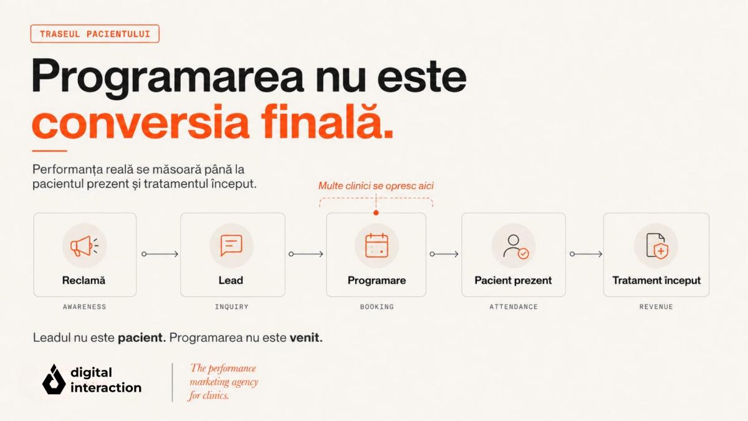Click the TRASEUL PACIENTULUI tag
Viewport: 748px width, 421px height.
tap(95, 34)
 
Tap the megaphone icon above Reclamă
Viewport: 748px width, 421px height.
tap(84, 246)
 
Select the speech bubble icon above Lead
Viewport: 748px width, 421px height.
tap(231, 245)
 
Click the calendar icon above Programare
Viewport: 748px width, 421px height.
tap(376, 246)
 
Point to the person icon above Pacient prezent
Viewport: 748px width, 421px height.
tap(516, 246)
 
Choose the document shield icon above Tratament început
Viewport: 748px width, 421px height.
tap(657, 246)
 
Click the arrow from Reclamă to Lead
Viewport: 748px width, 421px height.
tap(160, 254)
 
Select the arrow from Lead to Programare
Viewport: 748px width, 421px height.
tap(306, 254)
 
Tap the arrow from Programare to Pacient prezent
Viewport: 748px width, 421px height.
tap(444, 254)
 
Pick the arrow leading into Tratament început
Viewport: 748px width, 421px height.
tap(586, 254)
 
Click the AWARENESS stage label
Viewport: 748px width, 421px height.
tap(85, 307)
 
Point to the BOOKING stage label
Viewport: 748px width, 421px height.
tap(377, 307)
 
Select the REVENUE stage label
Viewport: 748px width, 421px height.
tap(656, 307)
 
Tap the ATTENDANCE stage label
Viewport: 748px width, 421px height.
tap(514, 307)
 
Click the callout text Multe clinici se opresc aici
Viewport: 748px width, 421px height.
tap(376, 186)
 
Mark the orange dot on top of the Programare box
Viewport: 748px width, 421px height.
tap(376, 213)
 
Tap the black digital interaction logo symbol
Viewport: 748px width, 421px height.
tap(54, 379)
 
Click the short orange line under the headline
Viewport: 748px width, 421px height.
tap(49, 151)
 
